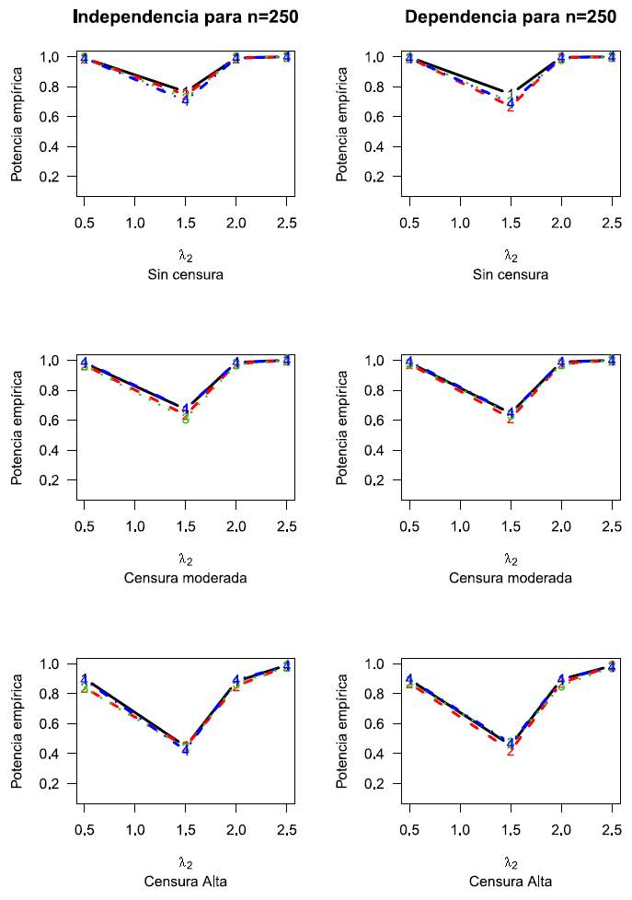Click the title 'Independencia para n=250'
186,17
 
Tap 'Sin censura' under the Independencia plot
186,274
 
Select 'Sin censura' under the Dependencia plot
511,274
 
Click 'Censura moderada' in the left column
186,578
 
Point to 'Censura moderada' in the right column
511,578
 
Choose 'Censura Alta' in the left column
186,882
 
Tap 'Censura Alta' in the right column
511,882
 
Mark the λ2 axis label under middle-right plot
511,559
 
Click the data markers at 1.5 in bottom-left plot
186,747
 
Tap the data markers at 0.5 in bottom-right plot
409,681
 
